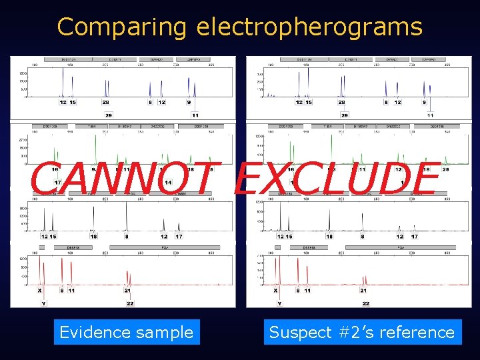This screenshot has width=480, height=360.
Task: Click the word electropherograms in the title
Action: (x=309, y=27)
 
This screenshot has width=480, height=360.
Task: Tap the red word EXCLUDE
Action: (x=337, y=179)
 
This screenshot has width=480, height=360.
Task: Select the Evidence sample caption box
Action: (x=127, y=332)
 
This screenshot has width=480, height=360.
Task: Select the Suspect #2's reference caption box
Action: (x=363, y=332)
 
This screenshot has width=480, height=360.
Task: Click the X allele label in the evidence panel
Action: (x=40, y=291)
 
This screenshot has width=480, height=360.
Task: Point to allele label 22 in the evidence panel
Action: (x=129, y=303)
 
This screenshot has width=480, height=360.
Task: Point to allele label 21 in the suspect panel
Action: (x=363, y=291)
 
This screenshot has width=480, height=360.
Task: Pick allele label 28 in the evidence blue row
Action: (x=105, y=102)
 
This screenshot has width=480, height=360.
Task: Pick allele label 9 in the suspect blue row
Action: (x=425, y=102)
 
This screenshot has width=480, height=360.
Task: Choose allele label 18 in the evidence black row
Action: (x=93, y=236)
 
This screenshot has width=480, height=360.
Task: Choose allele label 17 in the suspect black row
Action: (x=415, y=236)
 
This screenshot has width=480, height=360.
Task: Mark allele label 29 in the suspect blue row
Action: (x=344, y=115)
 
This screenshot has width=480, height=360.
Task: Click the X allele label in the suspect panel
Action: (x=276, y=291)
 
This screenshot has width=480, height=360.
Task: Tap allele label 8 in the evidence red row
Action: (x=62, y=291)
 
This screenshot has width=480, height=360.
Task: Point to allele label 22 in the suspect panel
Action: (x=366, y=303)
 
